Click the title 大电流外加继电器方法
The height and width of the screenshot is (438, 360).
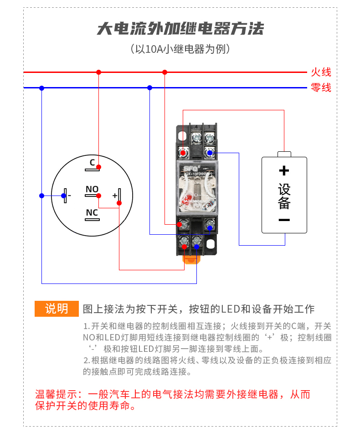click(x=180, y=29)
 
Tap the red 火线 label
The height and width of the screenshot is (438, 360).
click(x=321, y=72)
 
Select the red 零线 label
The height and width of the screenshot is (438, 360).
click(x=321, y=88)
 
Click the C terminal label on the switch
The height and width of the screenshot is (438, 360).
click(x=92, y=162)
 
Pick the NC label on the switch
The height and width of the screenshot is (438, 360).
click(x=92, y=212)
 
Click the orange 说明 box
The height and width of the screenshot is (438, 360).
click(x=57, y=309)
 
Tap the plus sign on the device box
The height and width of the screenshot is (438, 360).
click(x=284, y=171)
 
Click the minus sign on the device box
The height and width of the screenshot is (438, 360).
click(x=284, y=220)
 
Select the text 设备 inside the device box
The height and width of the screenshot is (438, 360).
click(x=284, y=196)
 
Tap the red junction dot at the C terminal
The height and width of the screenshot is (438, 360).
click(x=98, y=167)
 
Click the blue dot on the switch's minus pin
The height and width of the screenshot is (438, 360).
click(x=64, y=196)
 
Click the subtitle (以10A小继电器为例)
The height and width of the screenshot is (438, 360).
click(x=180, y=49)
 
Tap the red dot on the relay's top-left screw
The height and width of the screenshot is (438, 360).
click(x=183, y=153)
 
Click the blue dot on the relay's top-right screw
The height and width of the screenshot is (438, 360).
click(x=210, y=153)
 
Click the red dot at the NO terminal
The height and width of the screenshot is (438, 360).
click(x=98, y=196)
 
